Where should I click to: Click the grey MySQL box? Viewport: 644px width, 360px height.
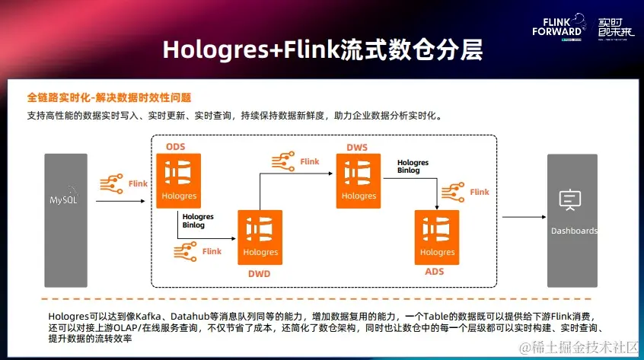(65, 199)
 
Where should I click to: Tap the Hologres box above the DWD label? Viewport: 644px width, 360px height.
(260, 237)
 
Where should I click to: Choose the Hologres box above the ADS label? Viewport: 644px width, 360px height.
(437, 237)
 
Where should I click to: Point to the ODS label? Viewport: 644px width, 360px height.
(175, 145)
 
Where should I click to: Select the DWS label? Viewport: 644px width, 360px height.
(358, 146)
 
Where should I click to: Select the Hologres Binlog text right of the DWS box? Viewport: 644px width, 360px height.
(413, 167)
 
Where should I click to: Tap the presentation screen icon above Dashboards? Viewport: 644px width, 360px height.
(570, 199)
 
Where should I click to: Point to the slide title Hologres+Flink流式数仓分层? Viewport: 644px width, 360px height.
(322, 52)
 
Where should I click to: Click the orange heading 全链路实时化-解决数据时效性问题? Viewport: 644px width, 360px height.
(109, 97)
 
